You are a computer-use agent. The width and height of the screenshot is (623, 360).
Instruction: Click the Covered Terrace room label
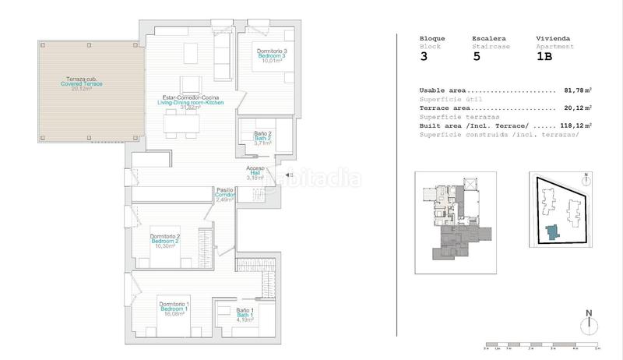tap(82, 83)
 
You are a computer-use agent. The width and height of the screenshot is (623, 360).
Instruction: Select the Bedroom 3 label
tap(266, 56)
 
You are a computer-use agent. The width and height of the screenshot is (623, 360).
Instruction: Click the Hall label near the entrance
tap(255, 172)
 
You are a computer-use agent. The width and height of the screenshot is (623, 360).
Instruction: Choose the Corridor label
tap(225, 194)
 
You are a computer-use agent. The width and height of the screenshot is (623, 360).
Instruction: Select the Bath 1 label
tap(245, 314)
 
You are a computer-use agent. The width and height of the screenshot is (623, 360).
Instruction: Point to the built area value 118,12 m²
tap(575, 125)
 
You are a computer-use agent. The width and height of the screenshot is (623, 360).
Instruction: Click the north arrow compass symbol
tap(589, 323)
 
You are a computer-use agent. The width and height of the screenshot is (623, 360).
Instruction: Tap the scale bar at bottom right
tap(542, 344)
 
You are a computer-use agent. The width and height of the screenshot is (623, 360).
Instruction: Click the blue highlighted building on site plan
tap(552, 232)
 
